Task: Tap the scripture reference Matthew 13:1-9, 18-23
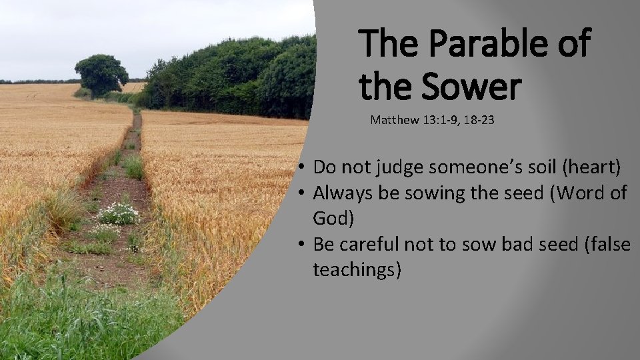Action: (x=432, y=121)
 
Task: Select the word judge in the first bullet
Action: (x=399, y=167)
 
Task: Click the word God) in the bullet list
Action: (x=333, y=219)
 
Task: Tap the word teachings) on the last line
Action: (x=357, y=271)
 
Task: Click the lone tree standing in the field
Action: (x=101, y=74)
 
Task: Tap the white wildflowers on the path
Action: (x=119, y=213)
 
